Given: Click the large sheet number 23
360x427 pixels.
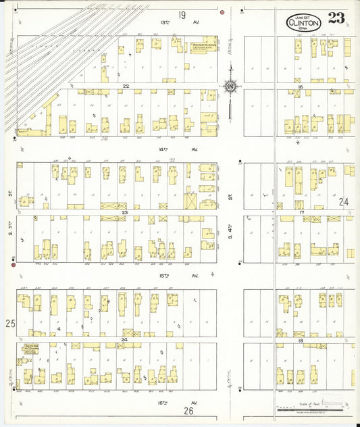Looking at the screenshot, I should [336, 18].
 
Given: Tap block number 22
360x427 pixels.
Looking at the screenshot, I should [126, 86].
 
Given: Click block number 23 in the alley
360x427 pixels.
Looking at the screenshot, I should [125, 212].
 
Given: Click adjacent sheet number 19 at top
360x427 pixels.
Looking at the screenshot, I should [182, 15].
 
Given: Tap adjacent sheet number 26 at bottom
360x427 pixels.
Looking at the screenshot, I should [188, 410].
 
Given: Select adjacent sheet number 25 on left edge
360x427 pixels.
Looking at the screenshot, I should [10, 324].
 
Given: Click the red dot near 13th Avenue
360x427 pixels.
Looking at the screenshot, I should [222, 12].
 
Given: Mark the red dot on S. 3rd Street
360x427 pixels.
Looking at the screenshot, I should [13, 264].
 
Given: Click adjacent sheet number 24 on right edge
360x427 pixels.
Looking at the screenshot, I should [343, 201].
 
